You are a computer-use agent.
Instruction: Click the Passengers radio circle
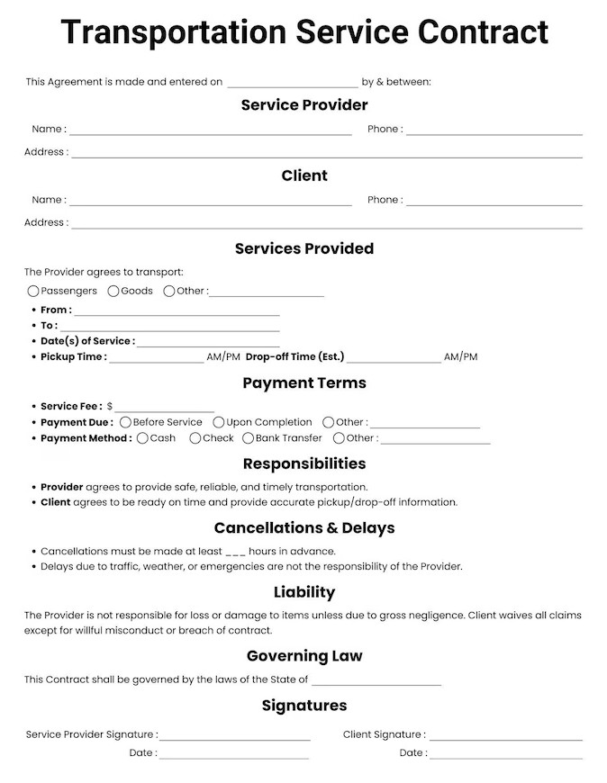(x=33, y=291)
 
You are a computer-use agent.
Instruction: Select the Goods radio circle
(x=113, y=291)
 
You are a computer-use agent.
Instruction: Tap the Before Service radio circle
(x=126, y=422)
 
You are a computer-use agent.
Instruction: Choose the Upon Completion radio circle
(x=219, y=422)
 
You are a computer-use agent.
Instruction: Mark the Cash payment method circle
(x=142, y=438)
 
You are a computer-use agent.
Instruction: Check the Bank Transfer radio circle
(x=249, y=438)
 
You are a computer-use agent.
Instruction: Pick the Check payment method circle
(x=195, y=438)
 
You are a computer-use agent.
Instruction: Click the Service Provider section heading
(x=304, y=105)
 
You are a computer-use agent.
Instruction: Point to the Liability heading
(x=304, y=592)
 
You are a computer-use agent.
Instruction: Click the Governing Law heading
(x=304, y=656)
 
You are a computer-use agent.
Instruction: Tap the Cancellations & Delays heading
(x=304, y=528)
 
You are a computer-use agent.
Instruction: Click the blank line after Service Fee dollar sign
(x=165, y=409)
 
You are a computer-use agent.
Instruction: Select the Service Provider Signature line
(x=235, y=738)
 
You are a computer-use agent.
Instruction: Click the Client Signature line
(x=505, y=738)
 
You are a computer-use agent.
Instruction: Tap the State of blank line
(x=376, y=683)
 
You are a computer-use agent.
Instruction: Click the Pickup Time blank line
(x=157, y=360)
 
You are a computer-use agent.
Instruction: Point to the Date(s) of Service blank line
(x=208, y=345)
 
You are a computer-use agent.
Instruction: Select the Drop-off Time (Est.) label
(x=294, y=356)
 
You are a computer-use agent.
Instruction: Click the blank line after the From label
(x=177, y=313)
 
